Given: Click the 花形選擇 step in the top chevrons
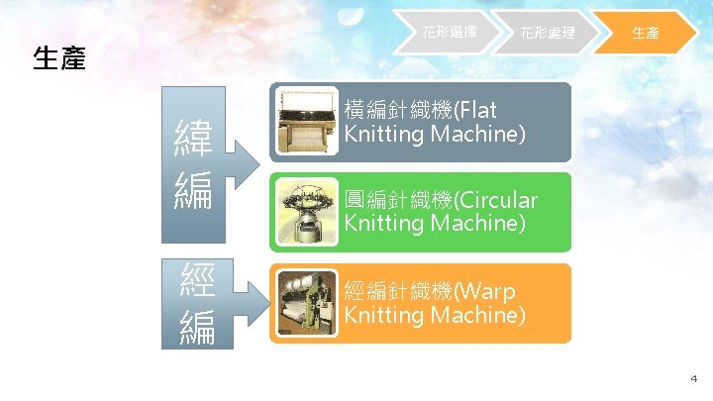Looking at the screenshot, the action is pos(450,33).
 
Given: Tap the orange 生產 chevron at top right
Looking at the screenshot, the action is pos(646,33).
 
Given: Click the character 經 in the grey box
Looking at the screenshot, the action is pos(193,284).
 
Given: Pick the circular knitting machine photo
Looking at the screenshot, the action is pos(306,212).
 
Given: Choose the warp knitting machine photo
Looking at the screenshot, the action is pos(306,303).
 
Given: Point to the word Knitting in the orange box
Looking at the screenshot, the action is pos(383,316).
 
